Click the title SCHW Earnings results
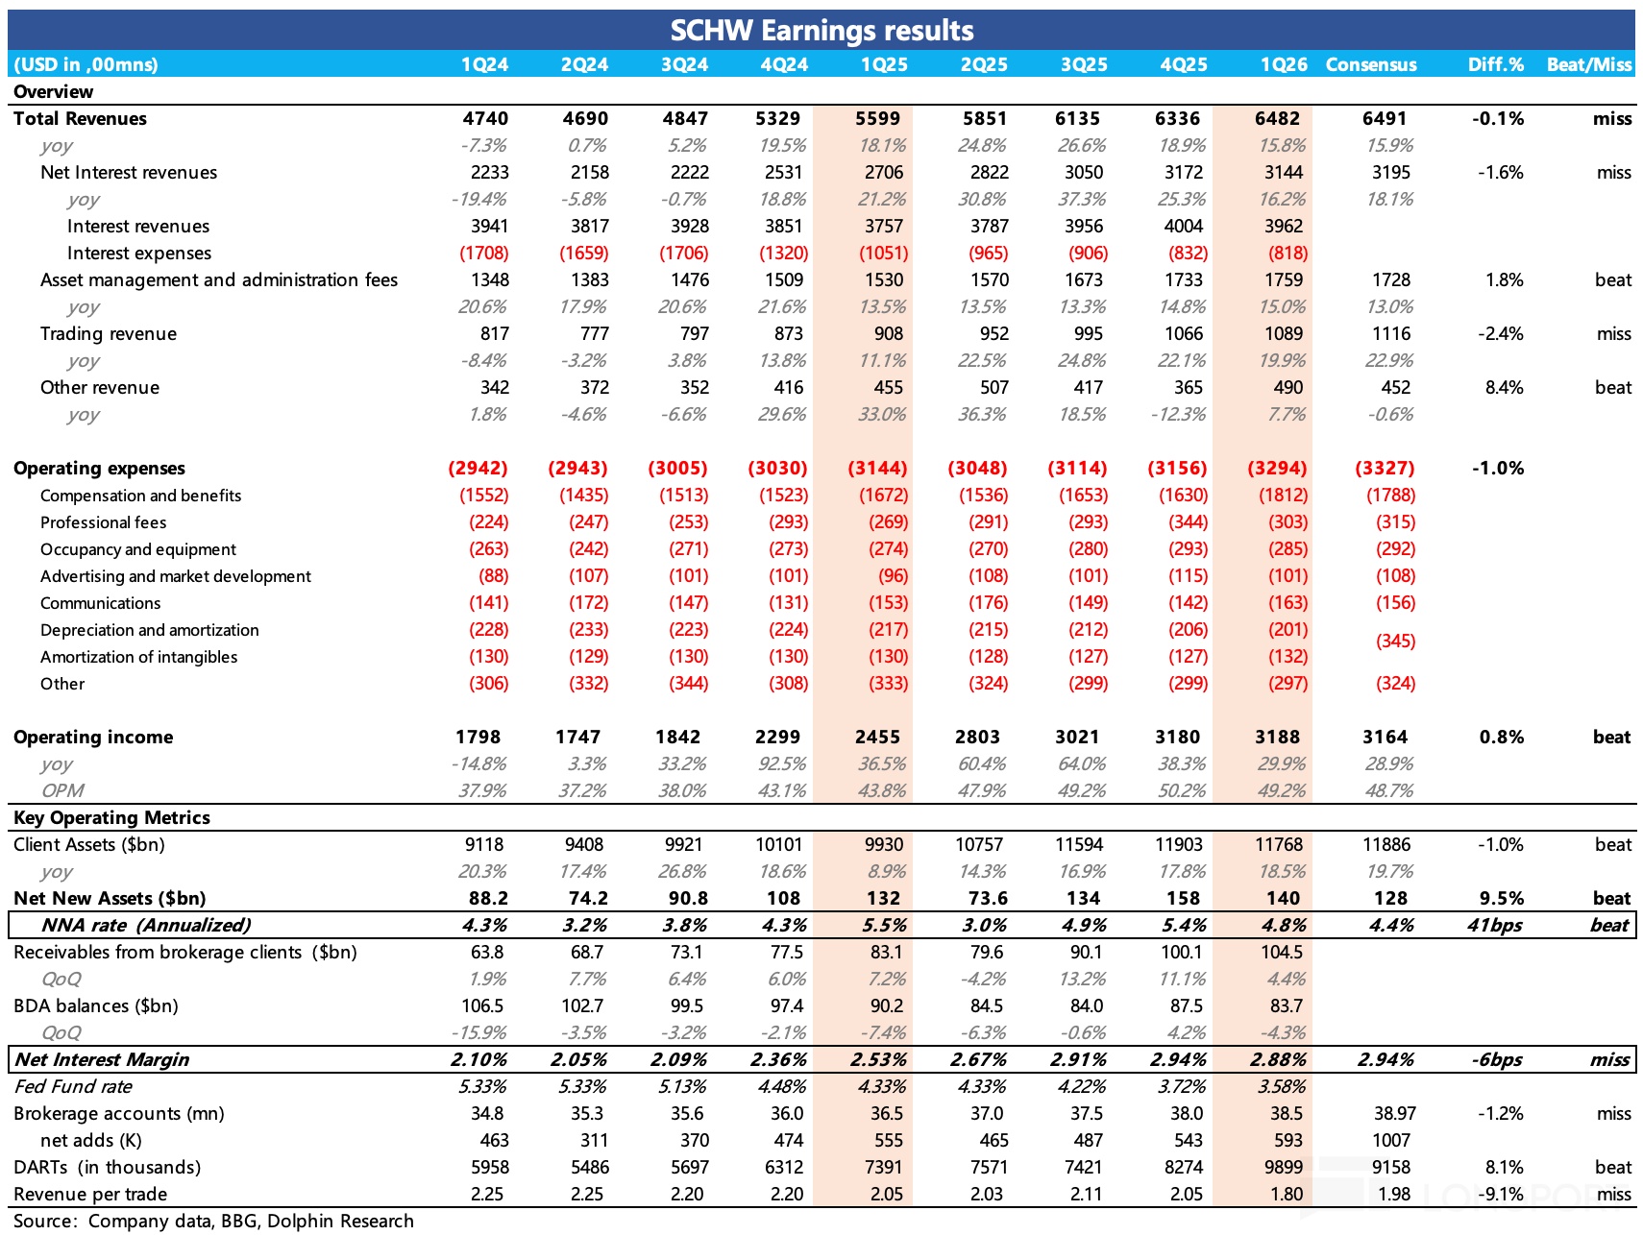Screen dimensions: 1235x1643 [821, 31]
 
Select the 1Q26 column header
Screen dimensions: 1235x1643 [1284, 64]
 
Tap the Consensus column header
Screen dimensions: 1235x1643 [1370, 64]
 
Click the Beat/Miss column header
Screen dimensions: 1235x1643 [1588, 64]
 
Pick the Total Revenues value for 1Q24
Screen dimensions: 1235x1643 [485, 118]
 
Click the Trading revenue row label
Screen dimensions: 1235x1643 [109, 333]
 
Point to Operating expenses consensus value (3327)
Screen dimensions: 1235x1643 [1385, 468]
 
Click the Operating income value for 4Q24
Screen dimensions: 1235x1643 [777, 737]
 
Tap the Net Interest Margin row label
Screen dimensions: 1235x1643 [102, 1059]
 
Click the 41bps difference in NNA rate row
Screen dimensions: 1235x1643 [1494, 925]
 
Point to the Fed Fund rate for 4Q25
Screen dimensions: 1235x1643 [1184, 1086]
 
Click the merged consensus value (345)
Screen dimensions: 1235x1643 [1395, 641]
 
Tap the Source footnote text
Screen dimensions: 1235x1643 [213, 1221]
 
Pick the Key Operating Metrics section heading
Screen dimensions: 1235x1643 [111, 817]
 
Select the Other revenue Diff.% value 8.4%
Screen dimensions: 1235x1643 [1504, 387]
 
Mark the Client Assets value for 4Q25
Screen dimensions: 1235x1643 [1179, 844]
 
